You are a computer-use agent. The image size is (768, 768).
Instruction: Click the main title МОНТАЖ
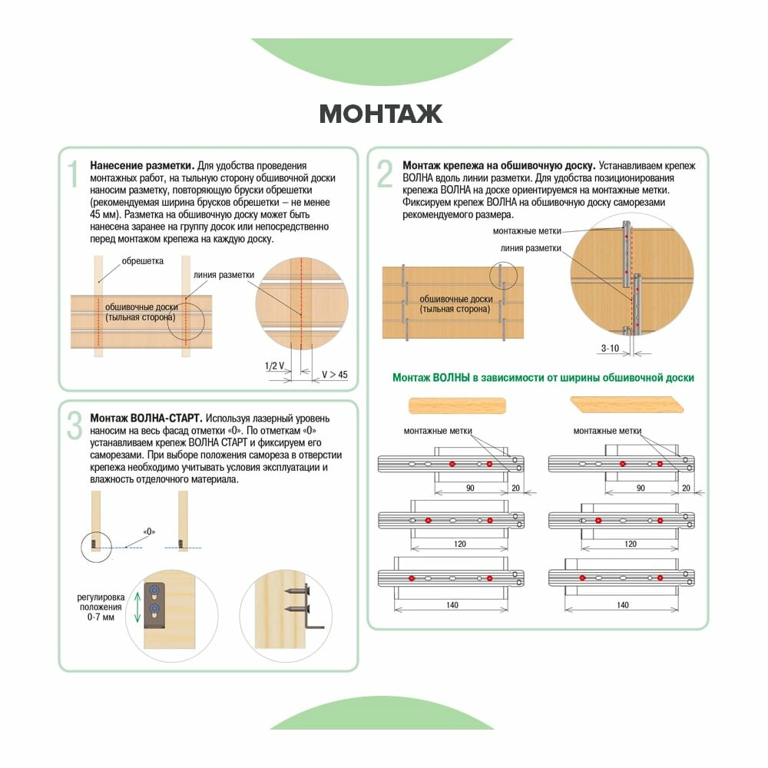tap(381, 114)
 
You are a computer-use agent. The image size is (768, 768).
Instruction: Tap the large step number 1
tap(74, 174)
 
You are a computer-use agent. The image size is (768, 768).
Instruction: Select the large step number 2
tap(385, 174)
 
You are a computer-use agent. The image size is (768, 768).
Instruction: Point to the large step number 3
tap(74, 425)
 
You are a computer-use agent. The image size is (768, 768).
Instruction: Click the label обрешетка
tap(143, 261)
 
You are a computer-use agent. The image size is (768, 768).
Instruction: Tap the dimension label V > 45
tap(335, 375)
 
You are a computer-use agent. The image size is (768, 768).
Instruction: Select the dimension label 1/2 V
tap(274, 366)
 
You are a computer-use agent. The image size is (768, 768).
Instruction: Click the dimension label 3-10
tap(610, 348)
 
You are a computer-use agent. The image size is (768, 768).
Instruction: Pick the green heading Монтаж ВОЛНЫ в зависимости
tap(543, 378)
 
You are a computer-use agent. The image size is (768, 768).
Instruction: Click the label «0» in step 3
tap(150, 531)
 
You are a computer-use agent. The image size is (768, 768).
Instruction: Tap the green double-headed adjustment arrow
tap(137, 607)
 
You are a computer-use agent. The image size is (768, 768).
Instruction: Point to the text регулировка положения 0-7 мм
tap(101, 607)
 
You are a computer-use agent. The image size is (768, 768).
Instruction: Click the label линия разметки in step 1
tap(223, 275)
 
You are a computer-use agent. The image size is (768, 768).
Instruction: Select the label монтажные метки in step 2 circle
tap(527, 231)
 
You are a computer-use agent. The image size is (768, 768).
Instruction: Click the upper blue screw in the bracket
tap(154, 590)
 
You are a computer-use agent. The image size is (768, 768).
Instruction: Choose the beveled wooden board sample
tap(627, 405)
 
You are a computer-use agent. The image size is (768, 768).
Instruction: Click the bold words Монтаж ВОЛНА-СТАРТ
tap(146, 419)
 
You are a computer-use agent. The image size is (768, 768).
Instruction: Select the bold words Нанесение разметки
tap(142, 166)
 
